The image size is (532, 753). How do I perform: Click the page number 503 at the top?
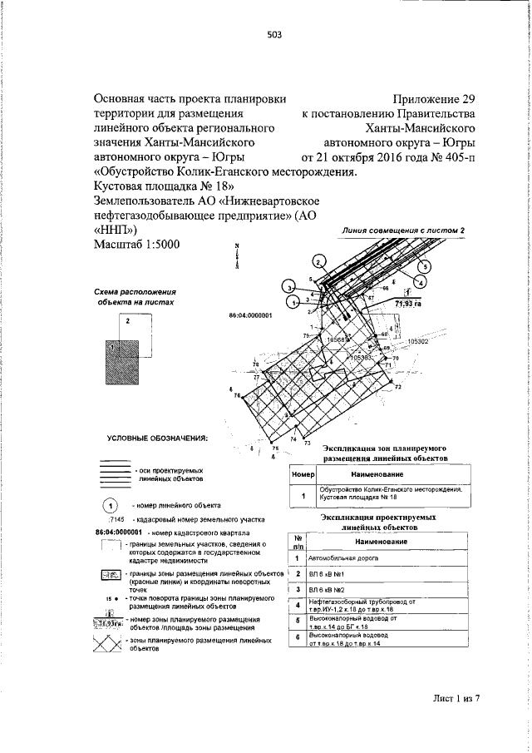pos(275,34)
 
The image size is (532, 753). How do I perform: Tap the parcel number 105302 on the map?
pos(416,341)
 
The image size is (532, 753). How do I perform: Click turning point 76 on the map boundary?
pos(238,395)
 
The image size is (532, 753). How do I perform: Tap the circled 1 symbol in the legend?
pos(109,504)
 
